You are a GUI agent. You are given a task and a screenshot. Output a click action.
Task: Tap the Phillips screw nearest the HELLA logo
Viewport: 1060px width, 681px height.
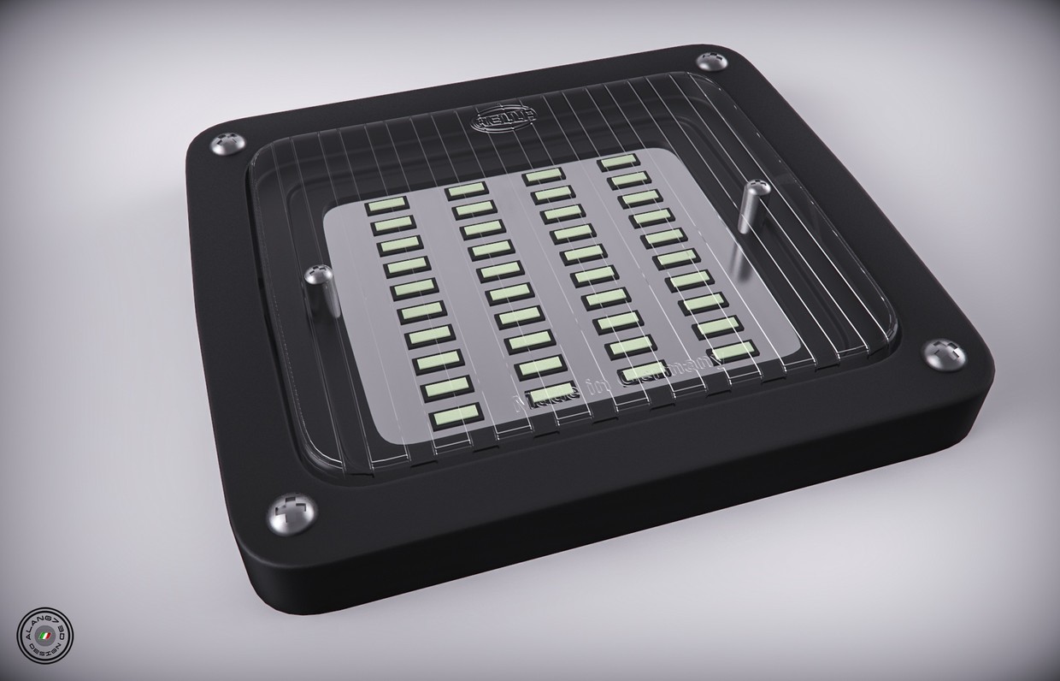click(x=710, y=62)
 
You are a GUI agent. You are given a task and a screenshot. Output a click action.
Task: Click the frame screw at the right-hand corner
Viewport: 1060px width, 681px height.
click(x=944, y=352)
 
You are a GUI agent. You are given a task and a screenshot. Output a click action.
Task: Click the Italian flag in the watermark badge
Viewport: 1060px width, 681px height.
click(x=61, y=637)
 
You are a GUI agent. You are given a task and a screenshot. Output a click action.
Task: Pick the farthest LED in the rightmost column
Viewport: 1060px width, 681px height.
click(x=618, y=162)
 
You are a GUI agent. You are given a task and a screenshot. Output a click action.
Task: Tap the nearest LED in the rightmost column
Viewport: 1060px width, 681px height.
click(x=732, y=350)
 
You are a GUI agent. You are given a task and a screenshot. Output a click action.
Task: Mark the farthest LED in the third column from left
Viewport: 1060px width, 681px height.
click(x=543, y=175)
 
